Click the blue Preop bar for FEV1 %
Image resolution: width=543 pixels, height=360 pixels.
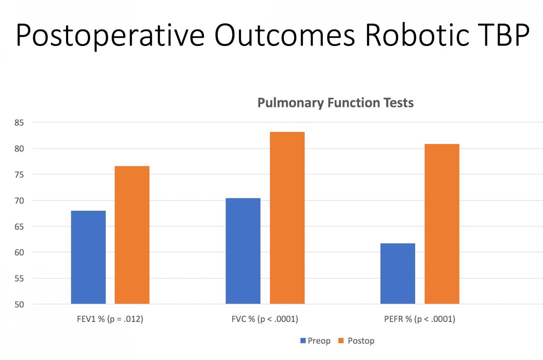coord(88,257)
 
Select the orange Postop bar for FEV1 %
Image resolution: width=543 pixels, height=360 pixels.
coord(132,235)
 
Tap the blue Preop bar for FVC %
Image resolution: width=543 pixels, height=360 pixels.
coord(243,251)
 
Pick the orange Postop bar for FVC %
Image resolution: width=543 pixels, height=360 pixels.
coord(287,218)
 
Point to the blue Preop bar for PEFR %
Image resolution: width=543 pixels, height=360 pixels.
coord(397,273)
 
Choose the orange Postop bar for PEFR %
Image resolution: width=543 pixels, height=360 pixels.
coord(442,224)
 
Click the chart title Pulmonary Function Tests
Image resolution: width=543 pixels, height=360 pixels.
coord(335,103)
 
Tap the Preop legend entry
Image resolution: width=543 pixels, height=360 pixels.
coord(315,341)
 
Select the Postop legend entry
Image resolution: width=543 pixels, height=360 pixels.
coord(356,341)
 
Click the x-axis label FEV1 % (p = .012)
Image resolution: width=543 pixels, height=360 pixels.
coord(110,319)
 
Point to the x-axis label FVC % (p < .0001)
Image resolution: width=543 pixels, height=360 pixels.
coord(265,319)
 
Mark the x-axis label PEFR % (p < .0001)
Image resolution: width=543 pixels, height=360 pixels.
coord(419,319)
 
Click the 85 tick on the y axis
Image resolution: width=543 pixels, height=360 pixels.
coord(19,123)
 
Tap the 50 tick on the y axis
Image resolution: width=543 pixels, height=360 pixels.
coord(19,305)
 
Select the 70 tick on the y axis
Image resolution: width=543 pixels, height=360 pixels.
coord(19,201)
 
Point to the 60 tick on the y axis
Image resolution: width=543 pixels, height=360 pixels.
coord(19,253)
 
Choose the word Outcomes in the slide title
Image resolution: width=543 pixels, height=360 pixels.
coord(285,35)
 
